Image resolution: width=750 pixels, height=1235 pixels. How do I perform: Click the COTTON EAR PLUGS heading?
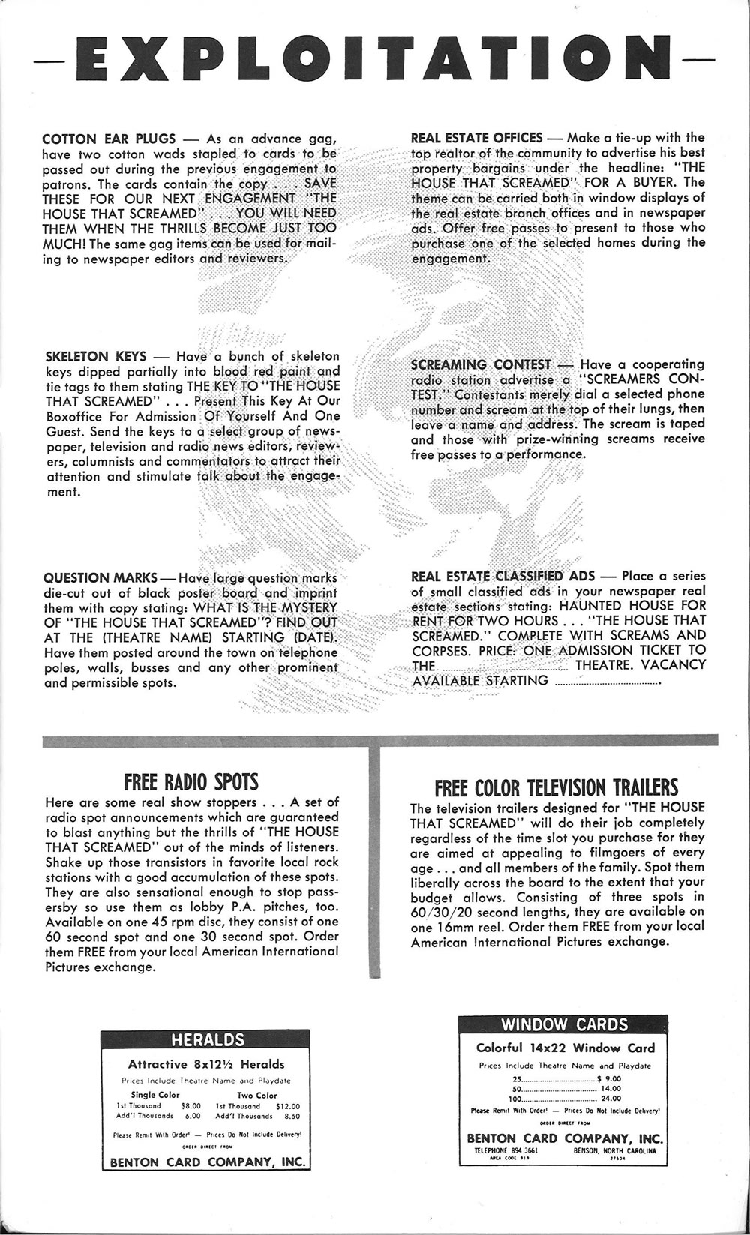[109, 139]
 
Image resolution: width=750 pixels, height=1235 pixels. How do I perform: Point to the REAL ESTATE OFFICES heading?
[476, 138]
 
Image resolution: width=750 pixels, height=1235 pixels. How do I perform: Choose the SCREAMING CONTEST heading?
[481, 364]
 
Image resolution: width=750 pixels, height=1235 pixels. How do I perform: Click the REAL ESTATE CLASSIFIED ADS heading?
[502, 576]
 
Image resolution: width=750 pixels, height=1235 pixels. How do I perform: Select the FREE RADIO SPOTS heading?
[191, 782]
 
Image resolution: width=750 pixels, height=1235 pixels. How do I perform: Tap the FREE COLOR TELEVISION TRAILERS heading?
[556, 787]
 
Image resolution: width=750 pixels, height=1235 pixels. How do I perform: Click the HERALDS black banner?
[208, 1039]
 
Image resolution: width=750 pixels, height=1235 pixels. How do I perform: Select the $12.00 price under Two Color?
[288, 1105]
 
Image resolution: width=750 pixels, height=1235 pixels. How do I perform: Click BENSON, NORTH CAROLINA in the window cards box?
[614, 1150]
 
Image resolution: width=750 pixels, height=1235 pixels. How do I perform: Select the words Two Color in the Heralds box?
[256, 1095]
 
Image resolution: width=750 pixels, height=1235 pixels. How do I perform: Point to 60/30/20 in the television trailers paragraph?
[438, 912]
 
